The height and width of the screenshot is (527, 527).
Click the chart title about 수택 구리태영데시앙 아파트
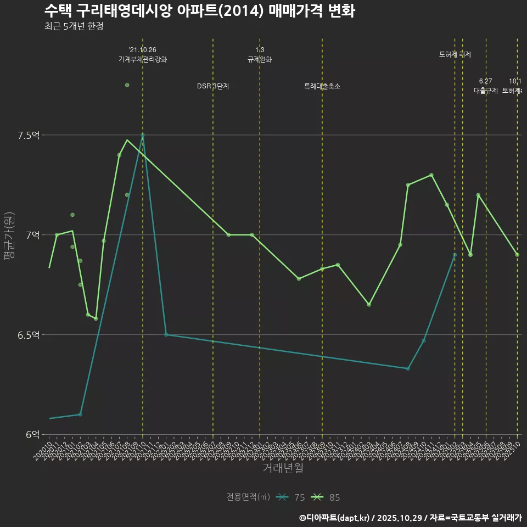tap(200, 11)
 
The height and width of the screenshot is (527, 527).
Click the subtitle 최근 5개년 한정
tap(74, 26)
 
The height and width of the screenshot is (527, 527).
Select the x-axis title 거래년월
tap(283, 468)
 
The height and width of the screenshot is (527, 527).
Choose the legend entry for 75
tap(291, 497)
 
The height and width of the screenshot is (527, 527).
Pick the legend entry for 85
tap(326, 497)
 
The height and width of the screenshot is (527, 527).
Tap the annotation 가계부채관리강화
tap(143, 59)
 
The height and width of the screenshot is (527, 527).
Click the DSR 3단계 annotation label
tap(213, 86)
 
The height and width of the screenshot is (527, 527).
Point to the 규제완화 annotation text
tap(260, 59)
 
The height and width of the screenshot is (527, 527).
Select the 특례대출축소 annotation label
tap(322, 86)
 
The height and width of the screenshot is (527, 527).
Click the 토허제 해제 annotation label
tap(455, 54)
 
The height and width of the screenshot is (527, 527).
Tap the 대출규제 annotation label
tap(486, 91)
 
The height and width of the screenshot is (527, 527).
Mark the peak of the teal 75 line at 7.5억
tap(143, 134)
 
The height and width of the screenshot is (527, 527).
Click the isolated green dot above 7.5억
tap(127, 85)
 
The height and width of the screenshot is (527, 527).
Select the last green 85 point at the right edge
tap(517, 255)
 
